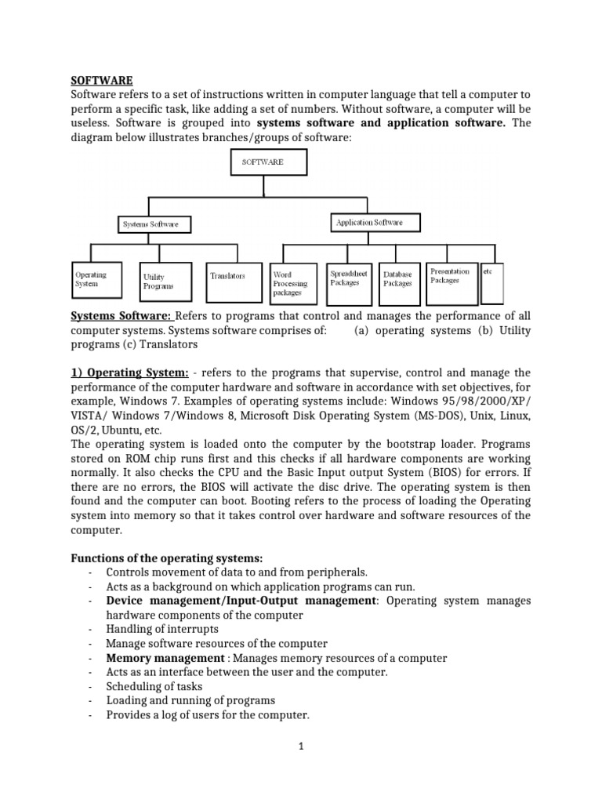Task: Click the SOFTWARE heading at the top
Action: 103,80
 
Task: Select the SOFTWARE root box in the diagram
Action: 268,162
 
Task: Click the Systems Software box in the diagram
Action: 150,223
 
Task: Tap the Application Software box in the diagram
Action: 370,223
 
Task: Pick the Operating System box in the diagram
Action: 96,280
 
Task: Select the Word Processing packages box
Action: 292,283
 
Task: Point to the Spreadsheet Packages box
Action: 348,279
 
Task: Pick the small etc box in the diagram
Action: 491,282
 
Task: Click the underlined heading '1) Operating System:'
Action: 130,372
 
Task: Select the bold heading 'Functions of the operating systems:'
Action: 167,558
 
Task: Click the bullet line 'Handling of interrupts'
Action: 162,629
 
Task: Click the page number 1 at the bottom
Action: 300,747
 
